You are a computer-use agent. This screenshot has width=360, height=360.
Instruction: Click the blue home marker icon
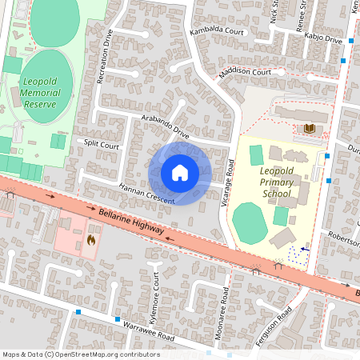click(x=180, y=172)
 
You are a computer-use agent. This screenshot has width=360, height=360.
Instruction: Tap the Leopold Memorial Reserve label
click(x=44, y=93)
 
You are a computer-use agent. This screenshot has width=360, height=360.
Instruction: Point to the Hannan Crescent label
click(x=146, y=193)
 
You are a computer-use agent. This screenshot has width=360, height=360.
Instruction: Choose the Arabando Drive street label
click(x=166, y=126)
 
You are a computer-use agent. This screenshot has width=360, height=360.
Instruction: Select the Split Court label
click(x=102, y=145)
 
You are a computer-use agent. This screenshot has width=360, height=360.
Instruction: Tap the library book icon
click(x=309, y=128)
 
